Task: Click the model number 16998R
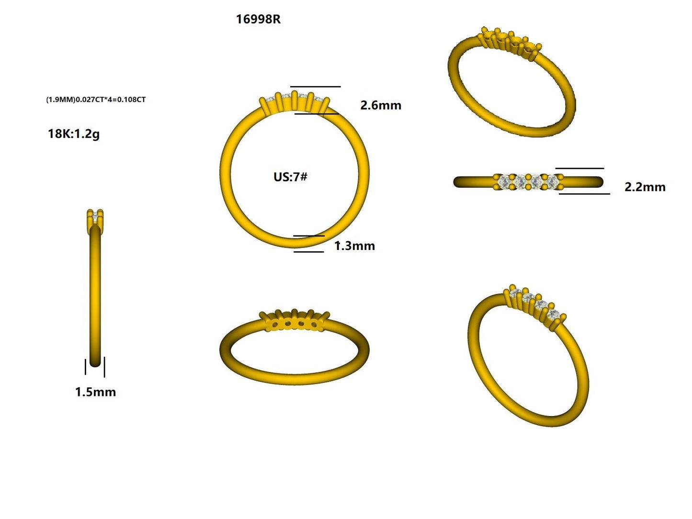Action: [x=258, y=20]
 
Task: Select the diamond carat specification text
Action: [x=96, y=100]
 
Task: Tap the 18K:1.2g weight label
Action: [x=74, y=134]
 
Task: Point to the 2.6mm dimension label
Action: [x=381, y=105]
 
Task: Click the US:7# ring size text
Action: [x=290, y=177]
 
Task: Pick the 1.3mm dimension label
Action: [x=355, y=246]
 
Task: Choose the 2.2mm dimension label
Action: [x=645, y=187]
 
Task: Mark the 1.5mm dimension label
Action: [x=95, y=392]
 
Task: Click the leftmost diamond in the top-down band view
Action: [x=504, y=182]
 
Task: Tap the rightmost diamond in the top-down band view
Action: [x=551, y=182]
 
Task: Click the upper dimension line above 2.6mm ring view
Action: [x=315, y=87]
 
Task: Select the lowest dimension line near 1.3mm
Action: [x=308, y=252]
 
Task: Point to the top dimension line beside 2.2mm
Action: [x=579, y=169]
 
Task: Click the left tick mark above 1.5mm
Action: [x=86, y=367]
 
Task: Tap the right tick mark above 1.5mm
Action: [x=104, y=367]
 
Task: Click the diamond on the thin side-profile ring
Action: [x=95, y=219]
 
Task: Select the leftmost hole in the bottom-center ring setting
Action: [x=275, y=325]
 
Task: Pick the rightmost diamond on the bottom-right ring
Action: [x=553, y=315]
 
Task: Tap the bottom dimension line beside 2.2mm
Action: [x=584, y=194]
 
